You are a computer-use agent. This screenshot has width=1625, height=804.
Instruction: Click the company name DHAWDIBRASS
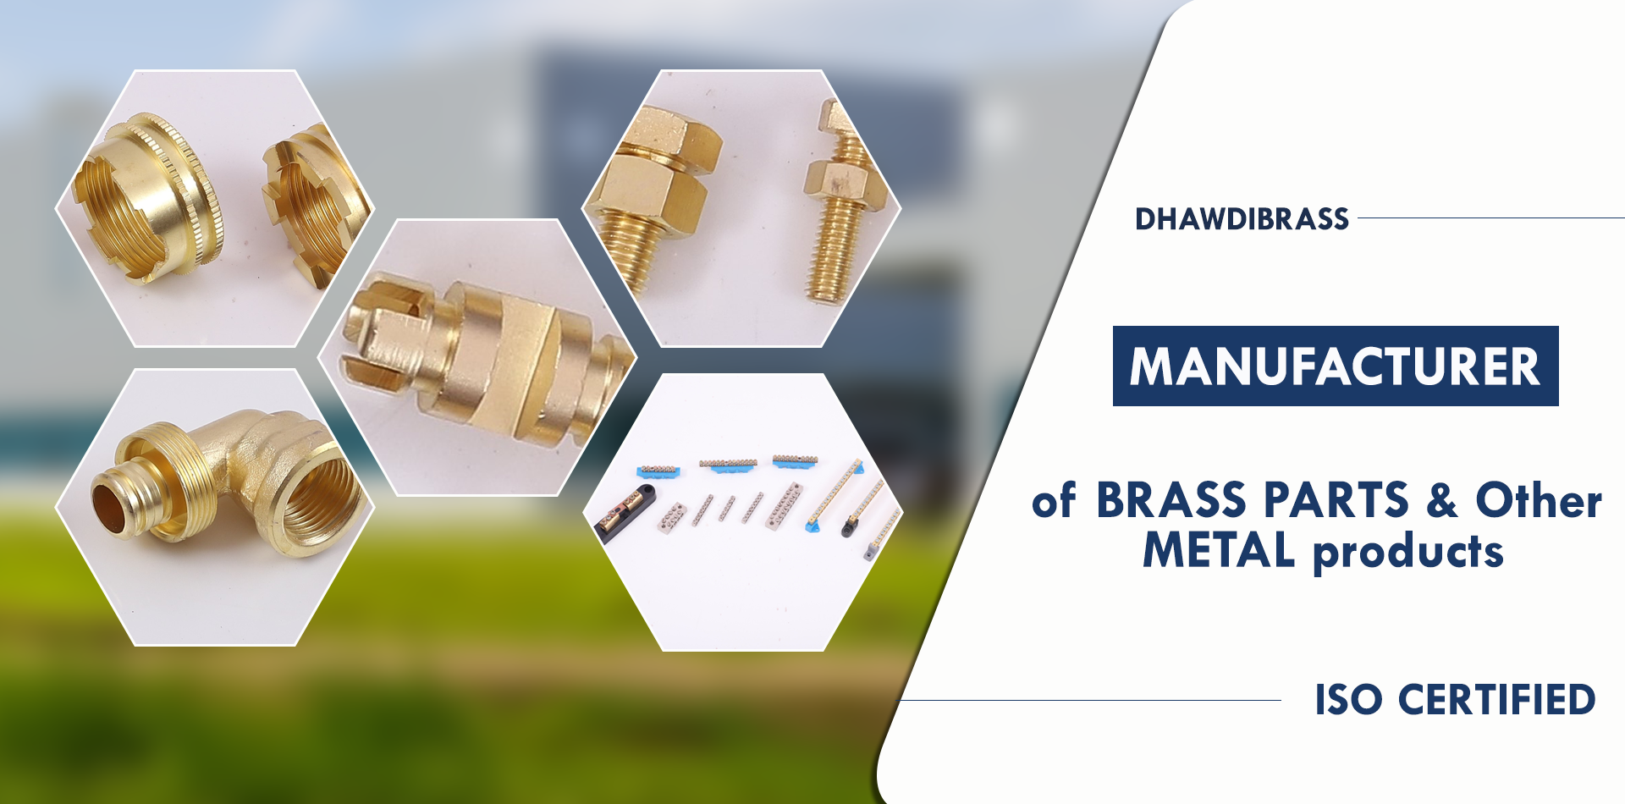(1242, 219)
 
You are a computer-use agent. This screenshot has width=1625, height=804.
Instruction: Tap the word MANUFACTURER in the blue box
(1335, 366)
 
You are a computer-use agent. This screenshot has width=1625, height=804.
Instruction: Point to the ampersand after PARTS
(1442, 499)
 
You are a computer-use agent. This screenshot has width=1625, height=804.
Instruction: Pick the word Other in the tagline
(1539, 499)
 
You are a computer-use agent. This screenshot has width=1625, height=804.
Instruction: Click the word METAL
(1219, 550)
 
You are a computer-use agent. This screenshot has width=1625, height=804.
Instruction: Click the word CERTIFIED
(1496, 700)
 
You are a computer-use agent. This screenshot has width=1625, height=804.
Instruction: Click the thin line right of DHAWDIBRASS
(1491, 218)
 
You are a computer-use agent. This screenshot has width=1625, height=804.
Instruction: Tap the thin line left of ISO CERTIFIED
(1089, 700)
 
